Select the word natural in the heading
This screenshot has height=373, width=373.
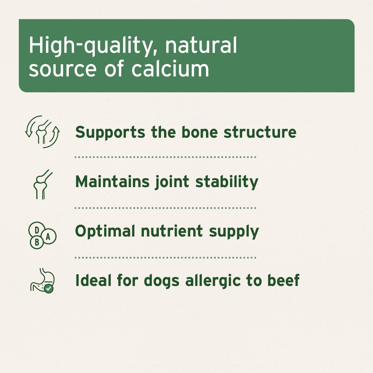(201, 45)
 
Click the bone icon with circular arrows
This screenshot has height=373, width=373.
(42, 132)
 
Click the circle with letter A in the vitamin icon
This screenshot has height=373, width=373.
(48, 237)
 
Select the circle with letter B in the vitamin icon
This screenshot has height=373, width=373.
(37, 242)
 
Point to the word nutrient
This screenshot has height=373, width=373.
(172, 231)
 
